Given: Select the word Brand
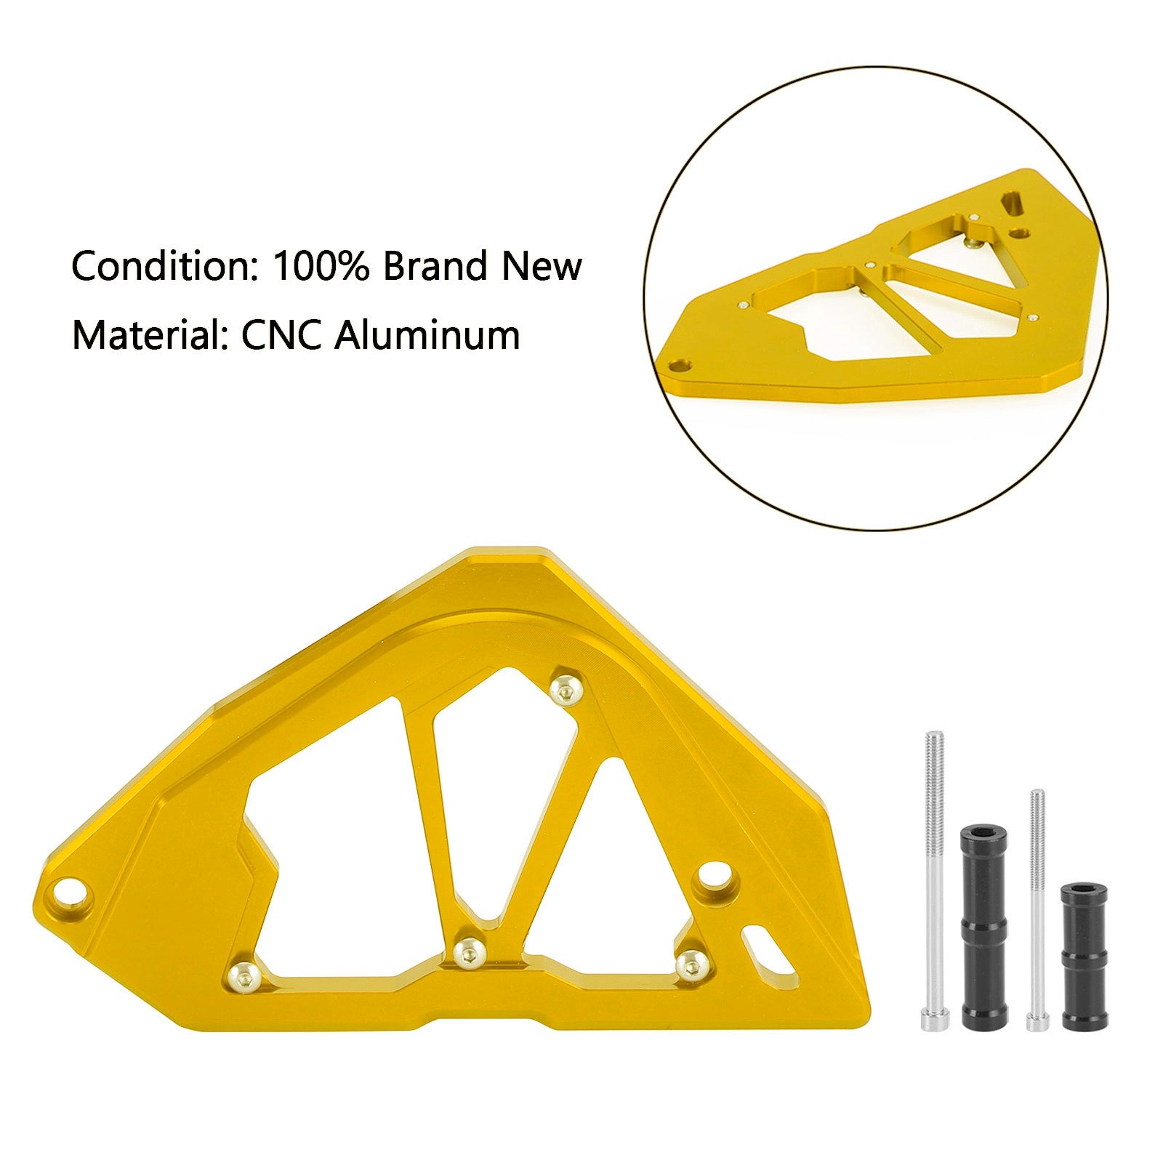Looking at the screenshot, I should point(435,267).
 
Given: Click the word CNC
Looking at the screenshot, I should point(281,336).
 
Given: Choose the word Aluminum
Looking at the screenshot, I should point(427,336).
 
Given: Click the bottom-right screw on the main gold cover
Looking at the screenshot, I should point(691,965).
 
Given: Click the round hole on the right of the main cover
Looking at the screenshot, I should point(714,877).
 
